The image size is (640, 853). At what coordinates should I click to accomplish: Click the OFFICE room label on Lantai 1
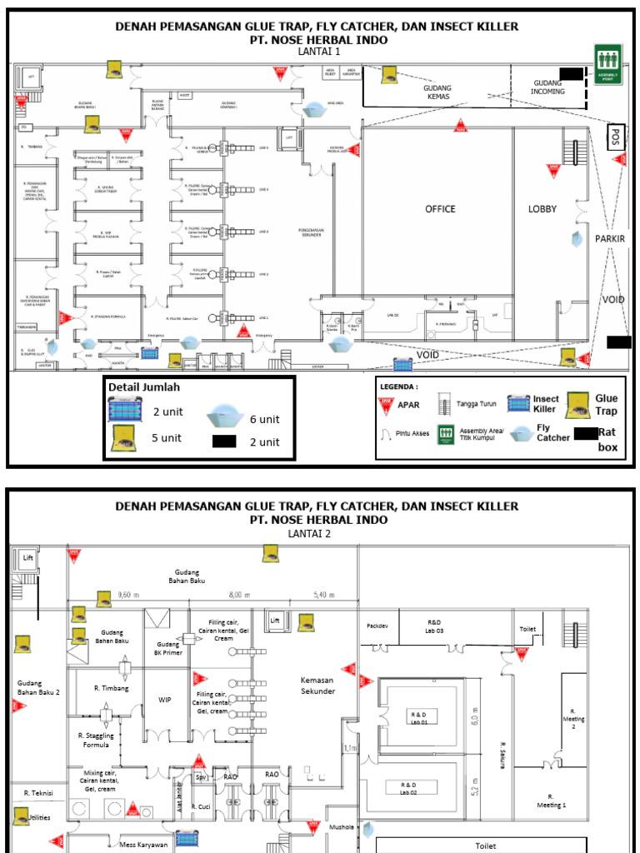pyautogui.click(x=440, y=209)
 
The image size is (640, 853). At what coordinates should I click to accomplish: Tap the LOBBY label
pyautogui.click(x=542, y=209)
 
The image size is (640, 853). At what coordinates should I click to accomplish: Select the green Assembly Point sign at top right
pyautogui.click(x=608, y=62)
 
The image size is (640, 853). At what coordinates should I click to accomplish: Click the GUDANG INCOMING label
pyautogui.click(x=548, y=87)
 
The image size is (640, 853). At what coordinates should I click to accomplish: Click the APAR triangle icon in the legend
pyautogui.click(x=385, y=406)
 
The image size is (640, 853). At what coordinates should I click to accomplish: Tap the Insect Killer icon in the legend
pyautogui.click(x=519, y=405)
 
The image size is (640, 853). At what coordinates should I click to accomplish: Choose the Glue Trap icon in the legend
pyautogui.click(x=577, y=406)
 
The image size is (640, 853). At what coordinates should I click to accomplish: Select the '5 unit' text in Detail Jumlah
pyautogui.click(x=167, y=437)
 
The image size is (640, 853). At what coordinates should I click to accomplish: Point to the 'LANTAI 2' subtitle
pyautogui.click(x=309, y=534)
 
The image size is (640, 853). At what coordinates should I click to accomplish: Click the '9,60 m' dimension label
pyautogui.click(x=126, y=595)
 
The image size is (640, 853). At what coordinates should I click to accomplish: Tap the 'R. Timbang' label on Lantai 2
pyautogui.click(x=109, y=689)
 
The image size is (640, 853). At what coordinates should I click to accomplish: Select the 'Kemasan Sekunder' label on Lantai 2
pyautogui.click(x=317, y=686)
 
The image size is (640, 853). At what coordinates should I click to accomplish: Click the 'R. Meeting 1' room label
pyautogui.click(x=550, y=801)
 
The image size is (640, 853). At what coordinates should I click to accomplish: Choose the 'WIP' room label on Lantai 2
pyautogui.click(x=167, y=700)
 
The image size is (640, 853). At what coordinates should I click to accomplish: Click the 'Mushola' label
pyautogui.click(x=342, y=828)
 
